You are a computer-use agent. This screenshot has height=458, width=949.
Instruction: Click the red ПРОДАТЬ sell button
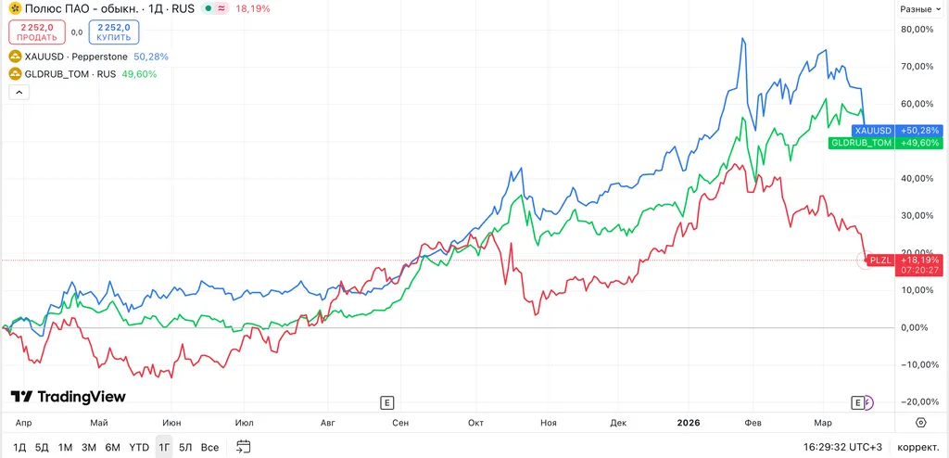(36, 32)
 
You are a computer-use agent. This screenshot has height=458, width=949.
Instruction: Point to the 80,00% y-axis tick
(918, 29)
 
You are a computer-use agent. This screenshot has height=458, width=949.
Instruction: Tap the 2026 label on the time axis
(688, 422)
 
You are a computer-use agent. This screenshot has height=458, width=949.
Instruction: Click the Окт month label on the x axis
(475, 422)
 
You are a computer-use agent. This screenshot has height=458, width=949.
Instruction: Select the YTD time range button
(139, 448)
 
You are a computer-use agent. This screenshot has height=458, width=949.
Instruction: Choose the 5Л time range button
(185, 448)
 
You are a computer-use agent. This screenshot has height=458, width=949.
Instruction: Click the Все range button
(210, 448)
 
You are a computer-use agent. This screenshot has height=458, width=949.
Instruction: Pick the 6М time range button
(113, 448)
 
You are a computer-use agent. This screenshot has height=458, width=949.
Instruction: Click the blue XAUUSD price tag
(873, 131)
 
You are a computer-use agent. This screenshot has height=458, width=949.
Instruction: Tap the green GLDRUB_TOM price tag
(861, 143)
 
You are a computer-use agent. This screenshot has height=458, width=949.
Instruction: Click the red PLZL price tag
(879, 260)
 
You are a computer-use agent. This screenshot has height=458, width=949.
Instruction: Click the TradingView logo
(68, 397)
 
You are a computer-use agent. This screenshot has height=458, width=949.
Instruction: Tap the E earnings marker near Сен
(387, 402)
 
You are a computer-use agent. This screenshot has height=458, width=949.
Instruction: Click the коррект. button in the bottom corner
(918, 448)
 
